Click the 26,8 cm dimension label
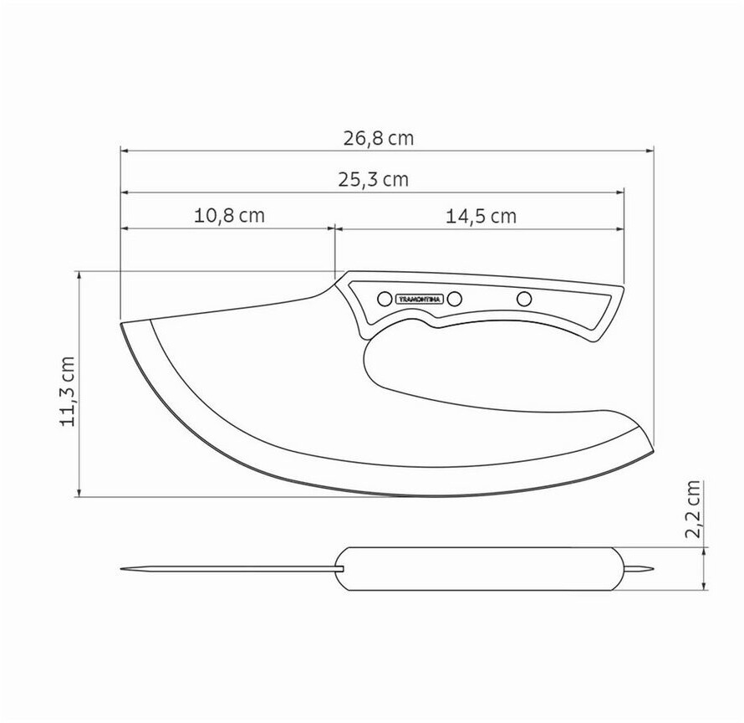click(x=378, y=138)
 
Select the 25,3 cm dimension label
click(x=373, y=180)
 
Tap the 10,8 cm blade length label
click(x=229, y=216)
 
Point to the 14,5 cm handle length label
click(x=481, y=216)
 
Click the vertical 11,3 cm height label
click(x=67, y=391)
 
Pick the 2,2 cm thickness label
click(x=693, y=508)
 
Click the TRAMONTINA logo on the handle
click(x=420, y=300)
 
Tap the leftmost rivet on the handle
click(x=385, y=299)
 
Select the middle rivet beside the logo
click(x=455, y=299)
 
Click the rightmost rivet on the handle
click(x=524, y=299)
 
